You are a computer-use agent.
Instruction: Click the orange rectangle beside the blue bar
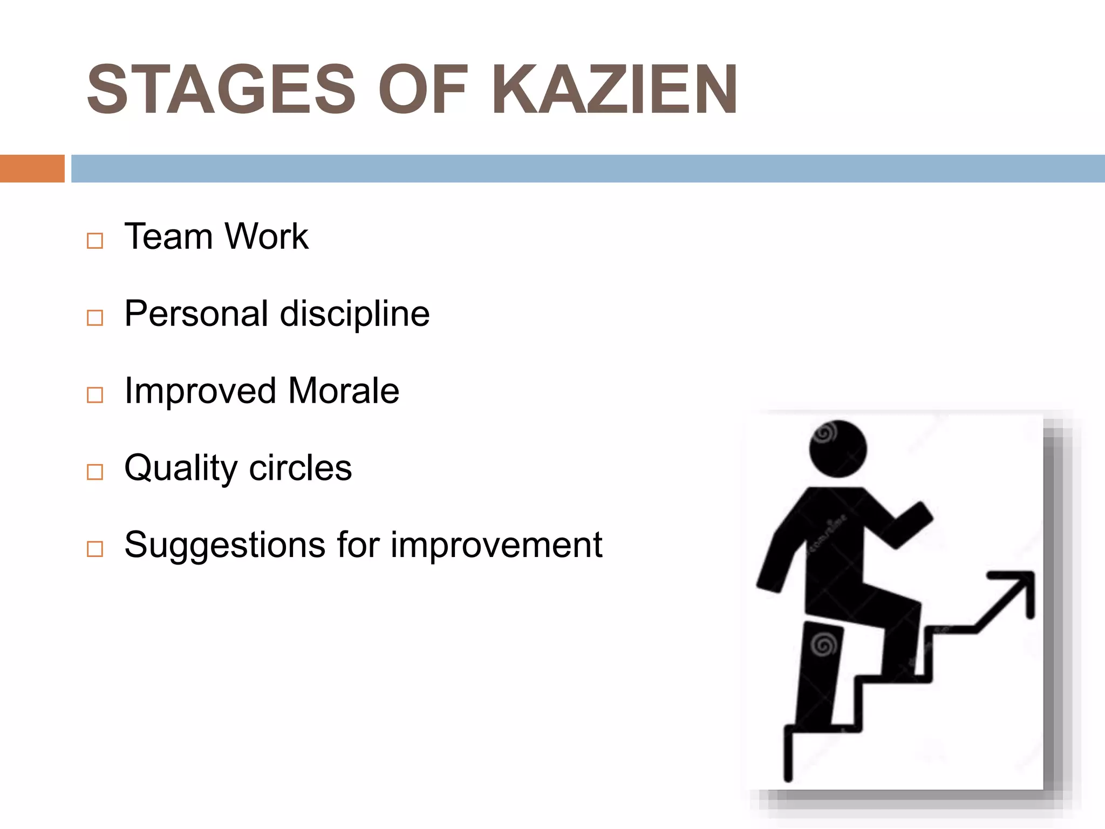(x=32, y=168)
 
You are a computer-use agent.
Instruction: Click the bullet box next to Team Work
(x=95, y=241)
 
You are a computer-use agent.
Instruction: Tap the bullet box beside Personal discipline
(x=95, y=318)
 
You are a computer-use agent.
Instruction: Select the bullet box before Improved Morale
(x=95, y=395)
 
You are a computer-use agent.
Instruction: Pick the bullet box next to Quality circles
(x=95, y=472)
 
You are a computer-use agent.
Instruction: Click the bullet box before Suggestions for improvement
(x=95, y=549)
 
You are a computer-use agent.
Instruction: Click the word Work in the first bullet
(x=267, y=236)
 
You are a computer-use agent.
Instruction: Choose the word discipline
(x=354, y=314)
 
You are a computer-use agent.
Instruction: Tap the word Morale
(x=344, y=391)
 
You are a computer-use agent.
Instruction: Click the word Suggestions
(x=225, y=545)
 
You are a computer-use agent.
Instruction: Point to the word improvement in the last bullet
(x=496, y=545)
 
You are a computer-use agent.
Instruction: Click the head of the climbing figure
(x=838, y=449)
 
